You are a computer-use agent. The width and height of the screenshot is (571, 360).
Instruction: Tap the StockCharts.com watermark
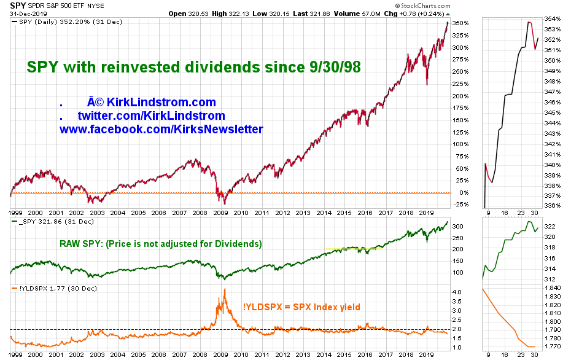tap(422, 6)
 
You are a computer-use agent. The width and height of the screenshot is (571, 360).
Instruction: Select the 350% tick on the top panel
tap(460, 23)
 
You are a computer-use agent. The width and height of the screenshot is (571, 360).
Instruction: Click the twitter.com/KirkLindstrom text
tap(151, 115)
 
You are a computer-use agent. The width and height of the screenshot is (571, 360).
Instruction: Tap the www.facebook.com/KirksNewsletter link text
tap(161, 129)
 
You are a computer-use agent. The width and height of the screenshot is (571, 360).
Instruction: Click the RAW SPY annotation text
tap(161, 244)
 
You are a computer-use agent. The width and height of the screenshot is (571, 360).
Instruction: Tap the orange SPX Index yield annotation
tap(301, 307)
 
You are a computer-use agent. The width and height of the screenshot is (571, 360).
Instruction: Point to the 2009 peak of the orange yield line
tap(225, 289)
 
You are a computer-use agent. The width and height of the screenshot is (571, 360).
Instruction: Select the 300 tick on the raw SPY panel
tap(457, 227)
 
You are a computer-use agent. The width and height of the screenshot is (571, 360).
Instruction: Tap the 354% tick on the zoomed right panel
tap(552, 18)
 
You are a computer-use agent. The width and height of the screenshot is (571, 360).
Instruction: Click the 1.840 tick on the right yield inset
tap(553, 288)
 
